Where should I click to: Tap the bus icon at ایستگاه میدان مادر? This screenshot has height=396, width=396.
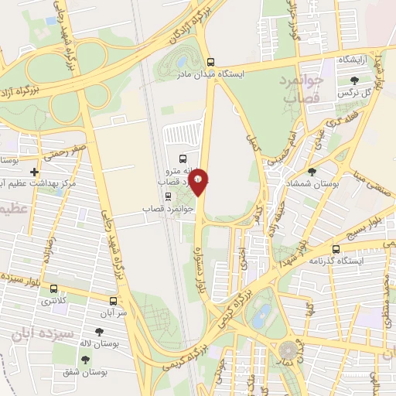click(x=210, y=63)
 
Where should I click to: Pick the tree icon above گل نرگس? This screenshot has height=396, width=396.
click(x=354, y=80)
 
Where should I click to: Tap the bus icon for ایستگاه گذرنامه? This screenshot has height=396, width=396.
click(x=336, y=249)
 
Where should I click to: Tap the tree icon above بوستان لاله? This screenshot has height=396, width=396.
click(x=100, y=332)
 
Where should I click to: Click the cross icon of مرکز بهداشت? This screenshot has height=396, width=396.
click(x=33, y=171)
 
